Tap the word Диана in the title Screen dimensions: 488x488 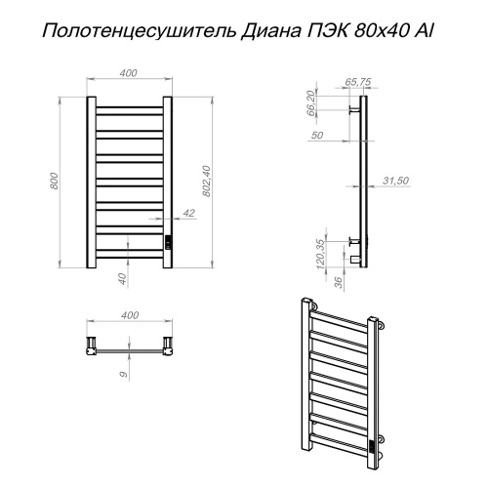[x=273, y=32]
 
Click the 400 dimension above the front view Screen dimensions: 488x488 [x=130, y=73]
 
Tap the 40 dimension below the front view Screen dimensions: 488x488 [x=122, y=279]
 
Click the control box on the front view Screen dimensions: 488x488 [x=168, y=242]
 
